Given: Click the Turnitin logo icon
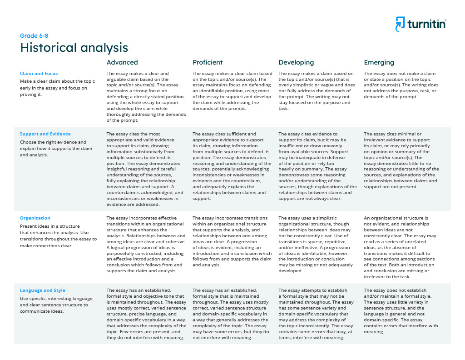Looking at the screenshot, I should tap(400, 24).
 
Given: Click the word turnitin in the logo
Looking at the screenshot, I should tap(426, 24).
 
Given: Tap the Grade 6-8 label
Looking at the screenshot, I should tap(34, 36).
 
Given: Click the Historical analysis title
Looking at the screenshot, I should tap(74, 48).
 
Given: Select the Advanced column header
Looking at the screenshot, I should tap(122, 62).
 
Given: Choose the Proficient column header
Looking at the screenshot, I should tap(208, 62).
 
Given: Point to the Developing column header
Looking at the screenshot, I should tap(296, 62).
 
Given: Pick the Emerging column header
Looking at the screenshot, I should tap(379, 62).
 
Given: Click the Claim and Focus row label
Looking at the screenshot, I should tap(39, 73).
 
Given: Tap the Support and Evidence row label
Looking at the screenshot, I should tap(45, 134).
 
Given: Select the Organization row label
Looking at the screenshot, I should tap(35, 218).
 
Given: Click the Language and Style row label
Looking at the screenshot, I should tap(43, 290).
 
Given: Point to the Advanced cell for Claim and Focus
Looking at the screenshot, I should tap(146, 97).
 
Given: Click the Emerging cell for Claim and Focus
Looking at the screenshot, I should tap(401, 85).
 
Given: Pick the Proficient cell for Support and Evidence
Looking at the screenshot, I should tap(232, 166).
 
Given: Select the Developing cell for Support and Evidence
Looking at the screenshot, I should tap(317, 166).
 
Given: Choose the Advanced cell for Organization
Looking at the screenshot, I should tap(146, 245).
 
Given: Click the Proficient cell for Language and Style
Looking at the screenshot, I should tap(232, 314).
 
